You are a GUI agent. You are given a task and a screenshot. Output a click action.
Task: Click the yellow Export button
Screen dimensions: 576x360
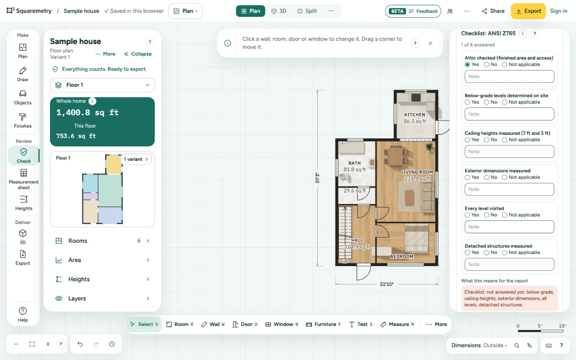coord(528,11)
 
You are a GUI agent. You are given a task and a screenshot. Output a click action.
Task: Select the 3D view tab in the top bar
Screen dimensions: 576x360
coord(279,11)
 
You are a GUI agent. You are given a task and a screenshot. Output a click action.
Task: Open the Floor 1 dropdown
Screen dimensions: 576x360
coord(102,85)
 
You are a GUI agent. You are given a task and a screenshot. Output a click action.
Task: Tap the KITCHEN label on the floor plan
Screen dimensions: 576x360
coord(415,115)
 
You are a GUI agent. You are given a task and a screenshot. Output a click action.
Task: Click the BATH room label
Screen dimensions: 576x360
coord(354,163)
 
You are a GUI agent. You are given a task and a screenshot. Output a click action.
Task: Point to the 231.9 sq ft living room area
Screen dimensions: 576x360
coord(417,179)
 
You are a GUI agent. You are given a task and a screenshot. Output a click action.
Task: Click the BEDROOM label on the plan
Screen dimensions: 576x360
coord(402,256)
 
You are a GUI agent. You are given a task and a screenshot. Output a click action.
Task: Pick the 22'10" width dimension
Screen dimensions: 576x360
coord(386,284)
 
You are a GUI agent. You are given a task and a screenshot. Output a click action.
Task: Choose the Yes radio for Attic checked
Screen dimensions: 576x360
coord(467,64)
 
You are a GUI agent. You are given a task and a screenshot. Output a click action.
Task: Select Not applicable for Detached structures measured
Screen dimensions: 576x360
coord(504,253)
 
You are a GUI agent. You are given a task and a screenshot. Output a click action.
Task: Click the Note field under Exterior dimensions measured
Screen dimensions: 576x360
coord(509,189)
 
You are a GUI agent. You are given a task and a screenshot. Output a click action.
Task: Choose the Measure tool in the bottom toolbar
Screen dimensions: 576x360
coord(397,324)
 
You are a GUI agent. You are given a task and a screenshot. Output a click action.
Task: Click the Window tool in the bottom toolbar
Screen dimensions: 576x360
coord(282,324)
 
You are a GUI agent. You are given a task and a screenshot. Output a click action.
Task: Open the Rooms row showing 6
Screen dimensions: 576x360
coord(102,240)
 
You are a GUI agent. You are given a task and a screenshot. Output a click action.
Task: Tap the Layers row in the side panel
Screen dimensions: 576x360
coord(102,298)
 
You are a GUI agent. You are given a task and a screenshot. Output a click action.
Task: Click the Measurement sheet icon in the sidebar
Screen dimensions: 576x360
coord(24,173)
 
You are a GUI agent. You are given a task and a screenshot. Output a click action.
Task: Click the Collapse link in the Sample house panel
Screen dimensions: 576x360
coord(138,54)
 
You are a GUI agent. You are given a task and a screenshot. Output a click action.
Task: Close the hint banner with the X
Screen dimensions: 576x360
coord(430,43)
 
